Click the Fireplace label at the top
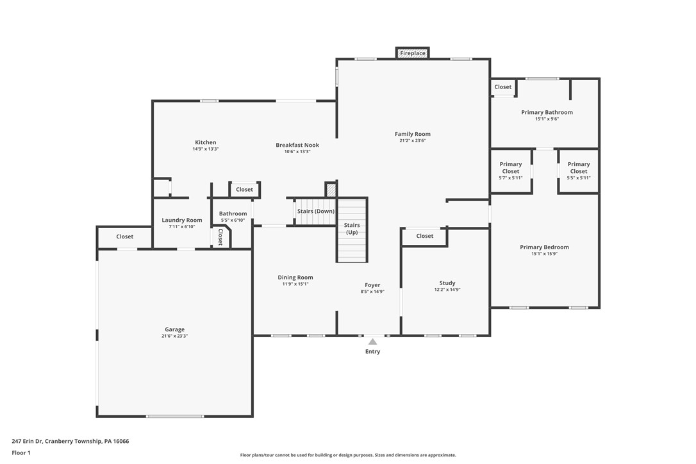[413, 53]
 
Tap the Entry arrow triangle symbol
[372, 342]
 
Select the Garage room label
[174, 329]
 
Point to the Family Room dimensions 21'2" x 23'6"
[413, 140]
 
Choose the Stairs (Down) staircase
[315, 211]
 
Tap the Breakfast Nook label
[297, 145]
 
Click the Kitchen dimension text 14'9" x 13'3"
[206, 149]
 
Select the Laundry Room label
[182, 220]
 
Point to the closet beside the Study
[424, 236]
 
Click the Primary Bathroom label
[547, 112]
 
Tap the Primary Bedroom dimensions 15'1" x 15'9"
[544, 253]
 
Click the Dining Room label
[295, 278]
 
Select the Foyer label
[372, 285]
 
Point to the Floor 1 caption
[21, 452]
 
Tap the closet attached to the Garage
[125, 236]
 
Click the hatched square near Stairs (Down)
[331, 190]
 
